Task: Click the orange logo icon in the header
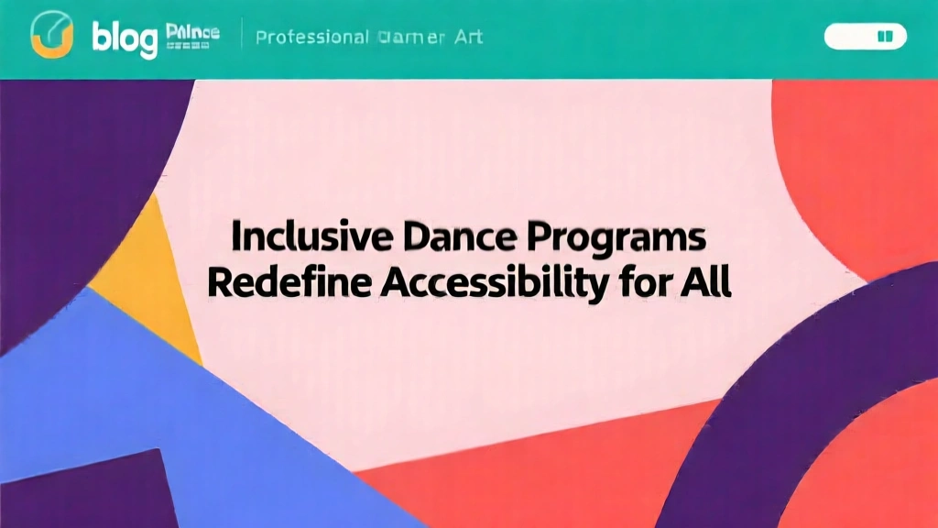tap(52, 36)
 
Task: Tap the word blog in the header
tap(125, 38)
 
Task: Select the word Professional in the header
tap(312, 38)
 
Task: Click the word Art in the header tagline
tap(467, 38)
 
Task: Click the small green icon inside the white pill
tap(884, 37)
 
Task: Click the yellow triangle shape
tap(151, 275)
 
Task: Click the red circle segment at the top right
tap(852, 165)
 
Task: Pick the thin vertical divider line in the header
tap(242, 36)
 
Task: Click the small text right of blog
tap(193, 34)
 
